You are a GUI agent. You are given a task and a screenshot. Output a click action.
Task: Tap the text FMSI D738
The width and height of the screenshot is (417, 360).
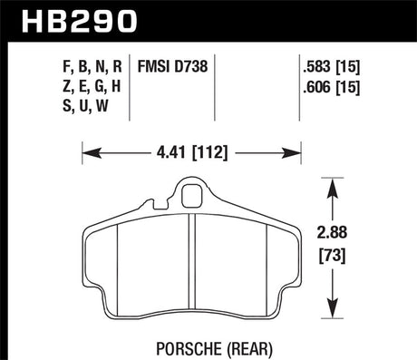tap(172, 64)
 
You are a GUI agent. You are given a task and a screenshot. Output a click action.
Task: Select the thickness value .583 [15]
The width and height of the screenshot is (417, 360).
tap(330, 64)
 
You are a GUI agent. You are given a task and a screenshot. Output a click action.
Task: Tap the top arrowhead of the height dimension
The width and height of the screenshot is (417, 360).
tap(335, 183)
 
